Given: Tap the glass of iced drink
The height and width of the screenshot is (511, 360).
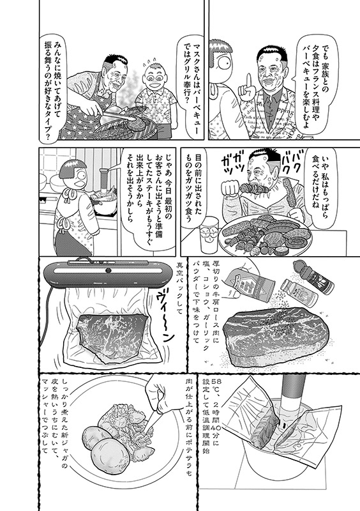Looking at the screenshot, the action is (x=209, y=234).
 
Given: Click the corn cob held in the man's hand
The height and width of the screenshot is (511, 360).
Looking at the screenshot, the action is (x=289, y=193).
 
